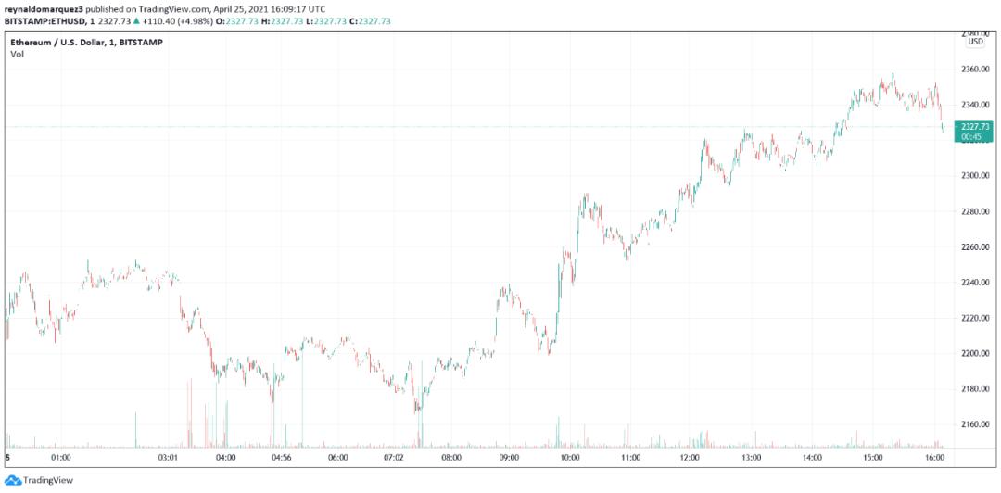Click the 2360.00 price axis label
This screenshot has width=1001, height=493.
click(x=976, y=70)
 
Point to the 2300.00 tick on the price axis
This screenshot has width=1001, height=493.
click(x=976, y=175)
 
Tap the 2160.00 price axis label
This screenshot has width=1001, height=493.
click(x=976, y=424)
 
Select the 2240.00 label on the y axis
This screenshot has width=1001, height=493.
click(x=976, y=283)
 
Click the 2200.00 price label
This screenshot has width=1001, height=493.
click(x=976, y=353)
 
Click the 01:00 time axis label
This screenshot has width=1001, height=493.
click(x=61, y=457)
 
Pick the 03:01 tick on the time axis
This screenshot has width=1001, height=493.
click(x=168, y=457)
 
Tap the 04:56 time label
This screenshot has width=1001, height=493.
click(x=282, y=457)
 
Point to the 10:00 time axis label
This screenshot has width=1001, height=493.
click(x=570, y=457)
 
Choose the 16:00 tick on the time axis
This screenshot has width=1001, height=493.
click(x=934, y=457)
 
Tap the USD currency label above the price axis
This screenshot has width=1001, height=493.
click(x=975, y=42)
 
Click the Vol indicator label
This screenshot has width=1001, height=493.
click(x=18, y=55)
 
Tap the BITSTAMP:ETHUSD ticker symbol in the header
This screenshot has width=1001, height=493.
click(x=45, y=19)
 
